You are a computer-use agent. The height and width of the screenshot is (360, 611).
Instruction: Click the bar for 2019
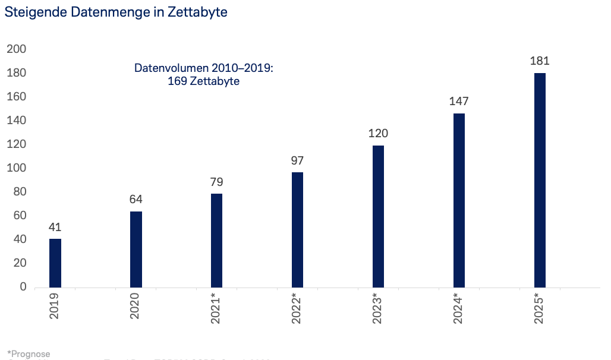55,263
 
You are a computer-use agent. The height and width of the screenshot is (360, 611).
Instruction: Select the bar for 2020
136,250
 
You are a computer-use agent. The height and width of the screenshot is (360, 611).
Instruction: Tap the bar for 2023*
378,216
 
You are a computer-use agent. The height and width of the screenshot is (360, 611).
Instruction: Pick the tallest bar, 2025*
540,180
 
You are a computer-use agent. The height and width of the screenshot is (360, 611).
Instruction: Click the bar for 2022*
297,230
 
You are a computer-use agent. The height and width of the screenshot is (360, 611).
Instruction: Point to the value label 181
540,61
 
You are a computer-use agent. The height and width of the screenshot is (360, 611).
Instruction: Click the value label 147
459,101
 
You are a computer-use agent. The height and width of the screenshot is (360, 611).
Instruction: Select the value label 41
55,227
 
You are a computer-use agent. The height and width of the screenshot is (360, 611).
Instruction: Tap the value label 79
217,182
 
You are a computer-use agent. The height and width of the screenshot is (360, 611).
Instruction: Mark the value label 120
378,133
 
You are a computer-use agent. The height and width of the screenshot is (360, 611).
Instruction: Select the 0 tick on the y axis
23,287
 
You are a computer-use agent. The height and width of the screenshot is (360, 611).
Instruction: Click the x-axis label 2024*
459,308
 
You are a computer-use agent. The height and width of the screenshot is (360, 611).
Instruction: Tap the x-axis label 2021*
217,308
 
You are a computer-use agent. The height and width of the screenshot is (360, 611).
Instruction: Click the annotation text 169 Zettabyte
204,81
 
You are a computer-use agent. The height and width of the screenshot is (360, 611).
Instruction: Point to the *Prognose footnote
29,354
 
